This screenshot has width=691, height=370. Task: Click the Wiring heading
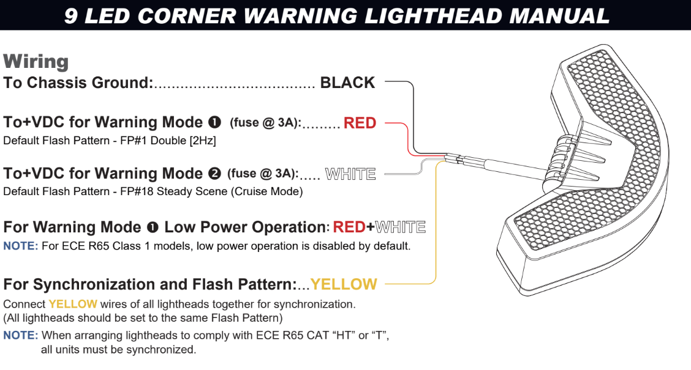point(36,61)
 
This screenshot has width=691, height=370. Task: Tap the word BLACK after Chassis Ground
point(347,83)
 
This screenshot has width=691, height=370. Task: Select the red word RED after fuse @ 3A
point(360,123)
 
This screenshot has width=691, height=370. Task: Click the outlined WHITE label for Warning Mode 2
point(350,174)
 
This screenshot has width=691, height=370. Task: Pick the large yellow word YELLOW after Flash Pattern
point(344,284)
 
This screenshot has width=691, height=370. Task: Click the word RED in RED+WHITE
point(349,228)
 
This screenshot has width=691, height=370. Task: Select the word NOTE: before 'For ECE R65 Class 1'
point(21,246)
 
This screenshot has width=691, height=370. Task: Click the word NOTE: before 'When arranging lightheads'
point(21,335)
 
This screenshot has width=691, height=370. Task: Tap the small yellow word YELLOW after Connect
point(73,304)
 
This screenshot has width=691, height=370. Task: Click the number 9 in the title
point(71,15)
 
